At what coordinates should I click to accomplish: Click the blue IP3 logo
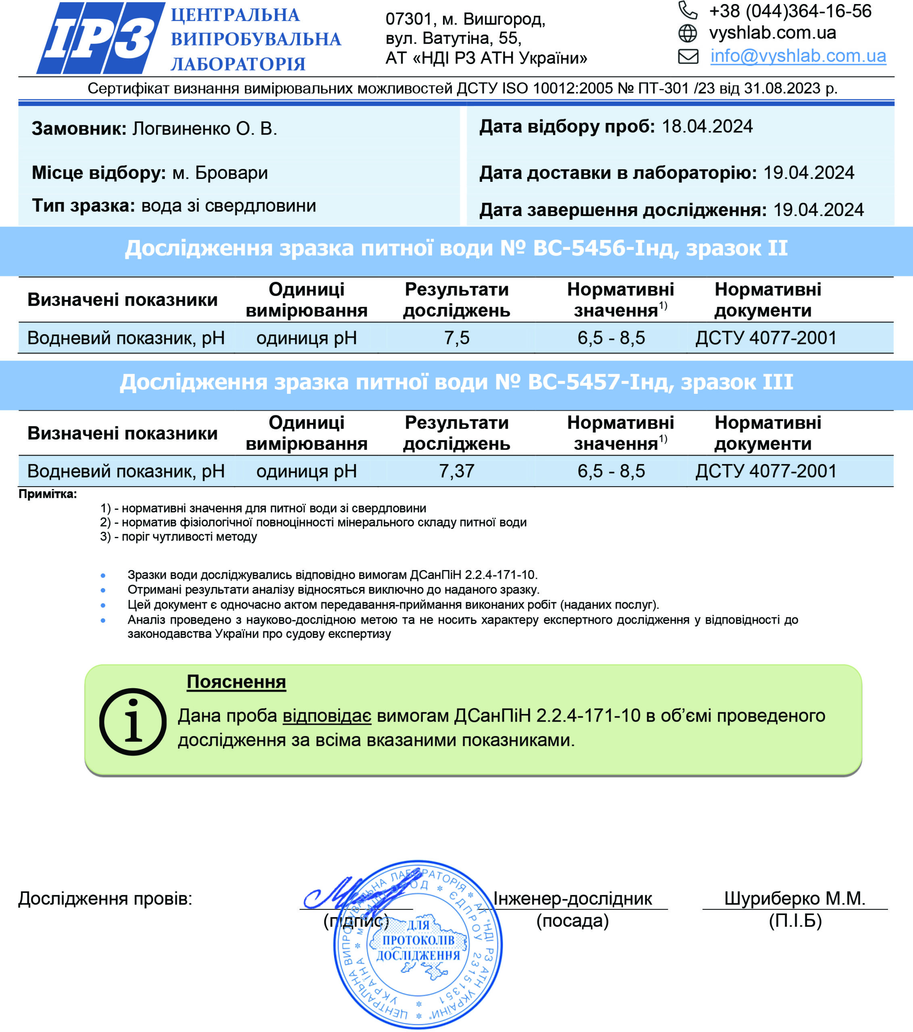100,38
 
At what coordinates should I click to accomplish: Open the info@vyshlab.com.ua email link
798,56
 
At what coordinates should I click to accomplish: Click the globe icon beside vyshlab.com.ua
687,33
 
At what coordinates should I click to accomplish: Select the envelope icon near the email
688,56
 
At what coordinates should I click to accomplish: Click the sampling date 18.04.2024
707,127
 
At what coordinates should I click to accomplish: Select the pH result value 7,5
456,338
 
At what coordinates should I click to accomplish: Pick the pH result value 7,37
456,471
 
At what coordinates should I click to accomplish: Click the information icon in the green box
133,722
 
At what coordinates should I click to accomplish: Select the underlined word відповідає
327,716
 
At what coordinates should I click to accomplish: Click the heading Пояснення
236,682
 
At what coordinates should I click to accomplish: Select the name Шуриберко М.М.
795,898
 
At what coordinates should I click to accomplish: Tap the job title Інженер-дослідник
573,898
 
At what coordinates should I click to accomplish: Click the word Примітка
48,494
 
